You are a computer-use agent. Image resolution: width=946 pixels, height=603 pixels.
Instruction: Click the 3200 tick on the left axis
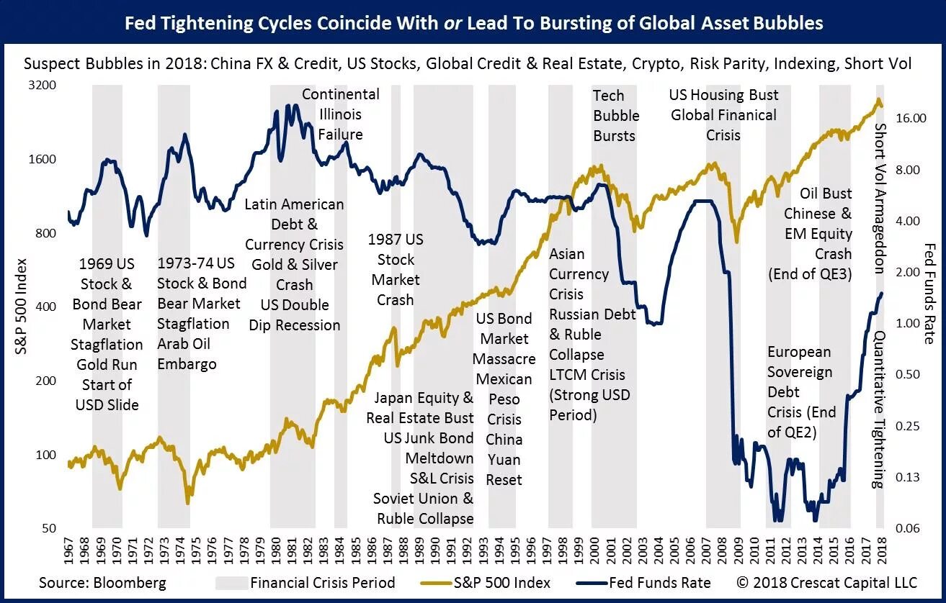[42, 86]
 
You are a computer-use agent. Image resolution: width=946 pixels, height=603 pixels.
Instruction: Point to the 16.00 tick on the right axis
[910, 118]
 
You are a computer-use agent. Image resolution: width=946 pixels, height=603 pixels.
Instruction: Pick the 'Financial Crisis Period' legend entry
[322, 582]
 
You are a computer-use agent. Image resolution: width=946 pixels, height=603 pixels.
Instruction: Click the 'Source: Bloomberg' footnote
[102, 582]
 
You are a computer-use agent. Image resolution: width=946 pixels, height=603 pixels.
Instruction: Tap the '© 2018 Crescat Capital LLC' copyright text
[826, 582]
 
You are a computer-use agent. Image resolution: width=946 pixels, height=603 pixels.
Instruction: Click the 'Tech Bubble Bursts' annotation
[615, 115]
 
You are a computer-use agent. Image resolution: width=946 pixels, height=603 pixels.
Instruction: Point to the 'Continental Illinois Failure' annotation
[340, 114]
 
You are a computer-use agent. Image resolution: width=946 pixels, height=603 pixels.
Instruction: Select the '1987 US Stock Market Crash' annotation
[396, 269]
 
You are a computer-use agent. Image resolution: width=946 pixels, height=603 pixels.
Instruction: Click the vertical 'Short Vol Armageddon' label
[880, 199]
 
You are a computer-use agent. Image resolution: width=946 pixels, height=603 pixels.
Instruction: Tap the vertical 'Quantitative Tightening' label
[880, 409]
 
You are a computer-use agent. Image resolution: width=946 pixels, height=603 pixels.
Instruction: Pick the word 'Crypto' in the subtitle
[656, 63]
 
